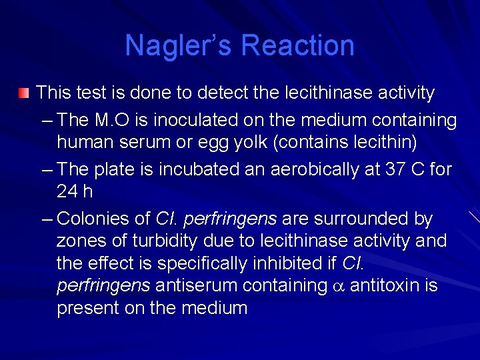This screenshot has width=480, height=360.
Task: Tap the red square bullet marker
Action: (x=24, y=93)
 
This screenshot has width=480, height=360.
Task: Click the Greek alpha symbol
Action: (x=339, y=287)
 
